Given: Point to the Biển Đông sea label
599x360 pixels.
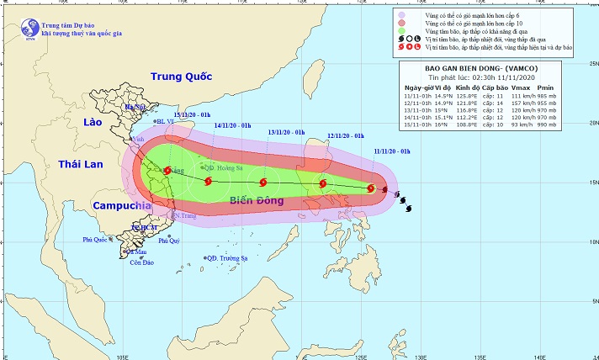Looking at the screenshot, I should (256, 199).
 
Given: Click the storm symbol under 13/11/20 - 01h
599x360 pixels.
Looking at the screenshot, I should (264, 182).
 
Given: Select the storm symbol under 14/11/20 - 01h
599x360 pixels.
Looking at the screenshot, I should (207, 180).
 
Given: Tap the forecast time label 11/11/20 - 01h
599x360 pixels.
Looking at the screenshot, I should (392, 150).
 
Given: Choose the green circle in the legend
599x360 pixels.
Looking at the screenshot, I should (404, 31).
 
